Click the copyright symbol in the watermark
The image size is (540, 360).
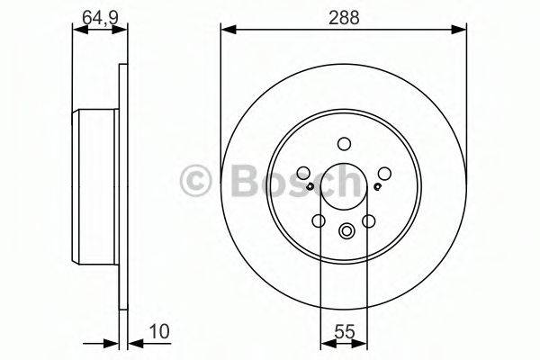pyautogui.click(x=195, y=180)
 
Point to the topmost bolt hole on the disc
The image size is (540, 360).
pyautogui.click(x=344, y=143)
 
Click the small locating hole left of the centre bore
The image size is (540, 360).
pyautogui.click(x=310, y=186)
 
